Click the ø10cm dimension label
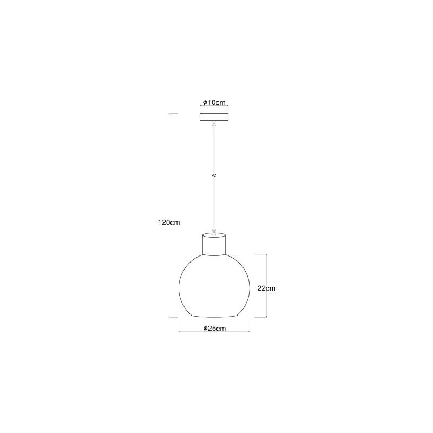pyautogui.click(x=214, y=102)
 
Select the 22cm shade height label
pyautogui.click(x=267, y=288)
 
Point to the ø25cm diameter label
pyautogui.click(x=214, y=328)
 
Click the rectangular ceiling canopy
pyautogui.click(x=214, y=117)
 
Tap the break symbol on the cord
pyautogui.click(x=214, y=175)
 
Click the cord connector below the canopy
pyautogui.click(x=214, y=124)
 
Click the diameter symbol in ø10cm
pyautogui.click(x=204, y=102)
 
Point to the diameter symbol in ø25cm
pyautogui.click(x=205, y=328)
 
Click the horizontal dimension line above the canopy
pyautogui.click(x=214, y=107)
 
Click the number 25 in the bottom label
pyautogui.click(x=212, y=328)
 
